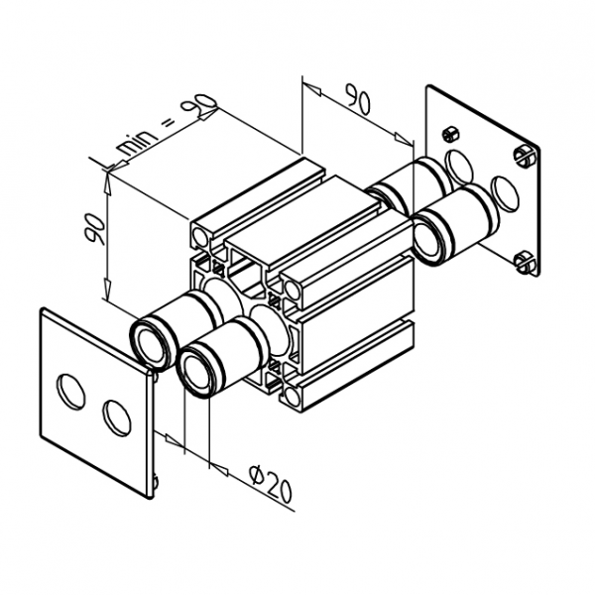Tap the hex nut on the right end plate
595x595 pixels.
click(x=448, y=134)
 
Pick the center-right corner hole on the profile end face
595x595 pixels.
click(x=295, y=289)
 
